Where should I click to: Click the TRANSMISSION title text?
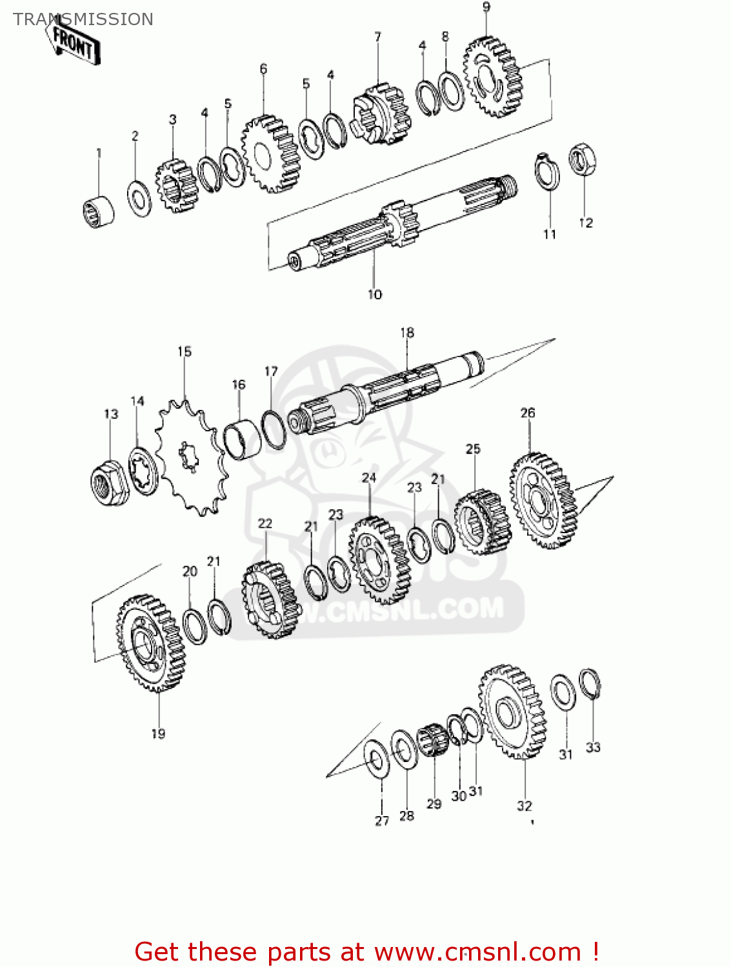pos(83,19)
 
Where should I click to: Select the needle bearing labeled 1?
pos(99,210)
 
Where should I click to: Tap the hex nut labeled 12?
pos(582,159)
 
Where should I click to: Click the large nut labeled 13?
pos(109,483)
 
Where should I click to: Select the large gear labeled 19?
pos(151,643)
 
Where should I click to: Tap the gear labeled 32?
pos(513,712)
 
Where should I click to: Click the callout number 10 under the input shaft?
pos(375,295)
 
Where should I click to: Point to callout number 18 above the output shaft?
pos(407,333)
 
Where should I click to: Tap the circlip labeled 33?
pos(590,684)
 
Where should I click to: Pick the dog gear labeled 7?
pos(381,114)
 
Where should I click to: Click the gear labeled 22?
pos(271,600)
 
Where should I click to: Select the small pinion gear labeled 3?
pos(175,186)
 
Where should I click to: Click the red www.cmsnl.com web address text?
pos(478,952)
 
